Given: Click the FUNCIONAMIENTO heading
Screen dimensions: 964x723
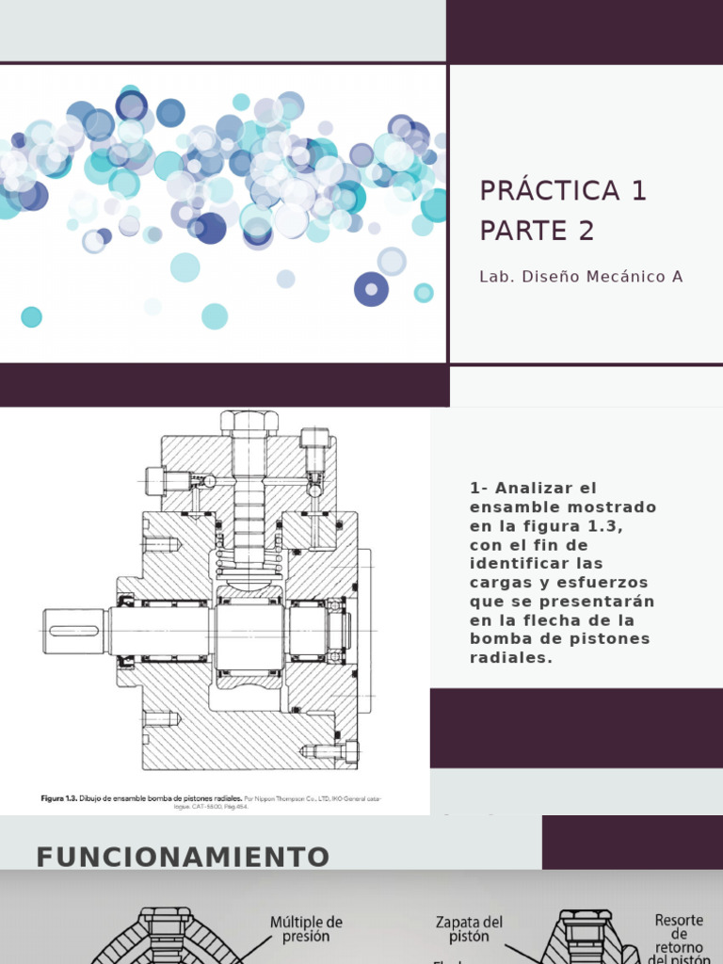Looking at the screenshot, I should [183, 857].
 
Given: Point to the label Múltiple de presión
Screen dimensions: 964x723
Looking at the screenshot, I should [306, 929].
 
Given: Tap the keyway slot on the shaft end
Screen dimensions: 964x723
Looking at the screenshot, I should [73, 630].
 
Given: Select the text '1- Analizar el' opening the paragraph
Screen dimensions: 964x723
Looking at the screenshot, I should [533, 488].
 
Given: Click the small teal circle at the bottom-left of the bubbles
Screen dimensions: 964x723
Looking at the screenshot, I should [31, 317].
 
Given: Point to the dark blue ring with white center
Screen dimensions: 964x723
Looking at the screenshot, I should [371, 289].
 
